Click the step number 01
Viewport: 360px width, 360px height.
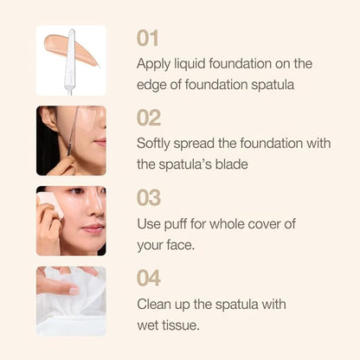click(147, 38)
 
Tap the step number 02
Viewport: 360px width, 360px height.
click(149, 118)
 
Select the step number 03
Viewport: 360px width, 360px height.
click(149, 197)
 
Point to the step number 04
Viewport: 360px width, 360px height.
click(149, 278)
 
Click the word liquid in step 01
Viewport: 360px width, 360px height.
click(190, 65)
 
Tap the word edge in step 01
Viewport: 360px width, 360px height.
click(151, 86)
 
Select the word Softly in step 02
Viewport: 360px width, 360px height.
click(153, 145)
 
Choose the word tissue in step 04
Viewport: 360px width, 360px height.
click(181, 325)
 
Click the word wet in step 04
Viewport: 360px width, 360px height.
click(147, 326)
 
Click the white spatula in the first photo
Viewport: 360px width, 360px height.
click(70, 61)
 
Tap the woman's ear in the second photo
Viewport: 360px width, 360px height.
click(48, 119)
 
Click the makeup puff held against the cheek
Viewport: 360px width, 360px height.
click(51, 203)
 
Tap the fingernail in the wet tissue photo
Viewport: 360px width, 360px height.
click(74, 291)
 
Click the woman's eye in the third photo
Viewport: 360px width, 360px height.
click(77, 191)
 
